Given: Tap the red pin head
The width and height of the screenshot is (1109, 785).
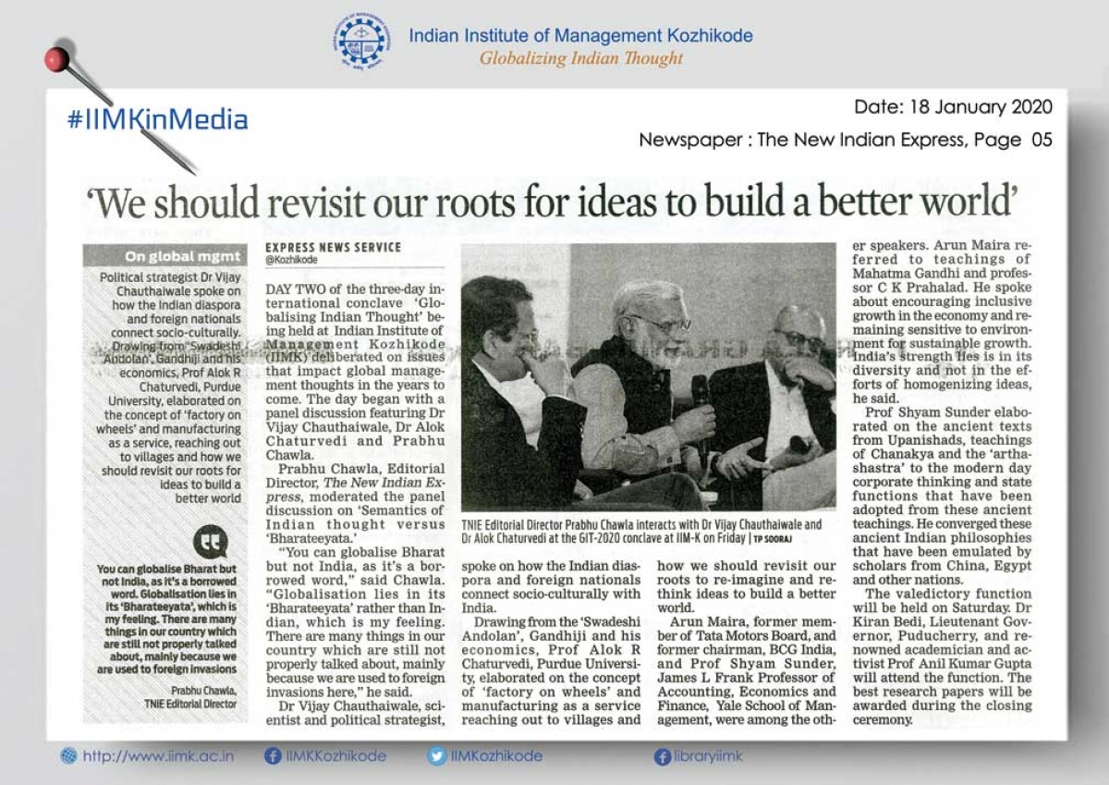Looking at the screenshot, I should pyautogui.click(x=58, y=60).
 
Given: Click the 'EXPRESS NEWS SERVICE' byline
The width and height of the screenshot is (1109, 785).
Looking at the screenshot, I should pyautogui.click(x=333, y=248).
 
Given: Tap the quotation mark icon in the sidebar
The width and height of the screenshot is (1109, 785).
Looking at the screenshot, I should pyautogui.click(x=211, y=540).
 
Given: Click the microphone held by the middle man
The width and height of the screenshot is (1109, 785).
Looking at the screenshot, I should pyautogui.click(x=701, y=390).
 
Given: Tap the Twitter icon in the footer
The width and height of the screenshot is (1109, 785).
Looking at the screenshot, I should pyautogui.click(x=436, y=756).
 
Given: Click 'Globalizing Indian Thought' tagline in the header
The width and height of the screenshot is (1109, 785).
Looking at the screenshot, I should pyautogui.click(x=580, y=58).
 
